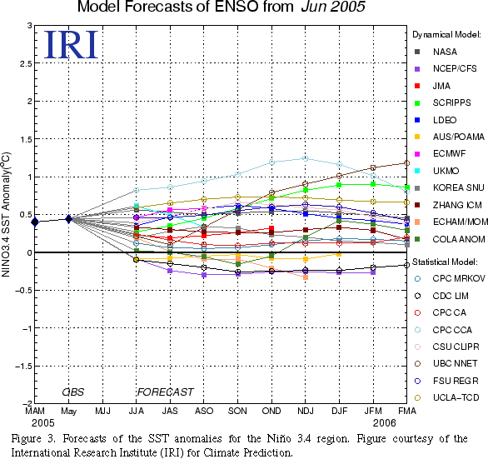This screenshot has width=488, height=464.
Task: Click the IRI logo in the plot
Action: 71,45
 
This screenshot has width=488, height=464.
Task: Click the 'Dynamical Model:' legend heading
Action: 446,35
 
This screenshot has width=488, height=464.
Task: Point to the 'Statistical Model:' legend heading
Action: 445,262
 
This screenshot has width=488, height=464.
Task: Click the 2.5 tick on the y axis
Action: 26,63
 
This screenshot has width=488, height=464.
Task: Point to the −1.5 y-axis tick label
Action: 23,367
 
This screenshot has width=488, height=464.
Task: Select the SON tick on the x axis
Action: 237,411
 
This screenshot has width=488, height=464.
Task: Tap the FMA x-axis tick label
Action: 407,411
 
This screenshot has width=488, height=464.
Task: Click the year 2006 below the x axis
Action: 385,423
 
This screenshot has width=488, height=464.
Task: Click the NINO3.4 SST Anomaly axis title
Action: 6,215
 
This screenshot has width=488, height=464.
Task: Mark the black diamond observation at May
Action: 69,219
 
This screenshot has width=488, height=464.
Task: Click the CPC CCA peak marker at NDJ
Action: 306,159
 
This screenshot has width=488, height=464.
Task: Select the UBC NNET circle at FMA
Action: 406,163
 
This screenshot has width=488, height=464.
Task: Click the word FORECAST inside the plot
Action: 166,392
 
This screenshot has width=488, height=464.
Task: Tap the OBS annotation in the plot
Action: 73,392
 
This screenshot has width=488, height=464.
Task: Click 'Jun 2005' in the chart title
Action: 333,7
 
